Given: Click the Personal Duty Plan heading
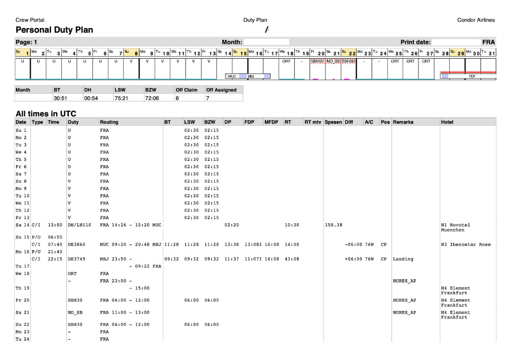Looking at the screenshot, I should point(54,30).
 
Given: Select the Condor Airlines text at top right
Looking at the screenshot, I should point(476,20).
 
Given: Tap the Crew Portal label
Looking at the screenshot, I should point(30,20).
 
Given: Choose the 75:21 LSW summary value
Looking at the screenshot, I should point(121,98).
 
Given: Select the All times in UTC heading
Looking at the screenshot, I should point(45,113).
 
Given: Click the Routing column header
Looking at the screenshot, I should point(109,122).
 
